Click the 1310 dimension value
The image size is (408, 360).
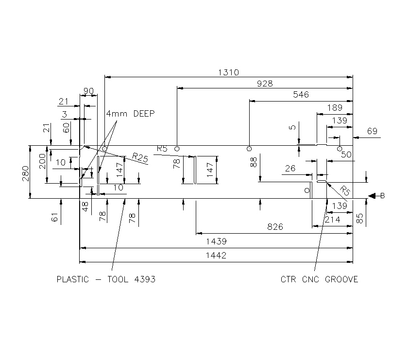tap(228, 72)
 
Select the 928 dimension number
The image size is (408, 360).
tap(265, 84)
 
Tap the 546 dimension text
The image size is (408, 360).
tap(301, 95)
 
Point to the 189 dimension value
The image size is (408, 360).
tap(335, 108)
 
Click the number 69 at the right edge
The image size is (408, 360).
tap(372, 131)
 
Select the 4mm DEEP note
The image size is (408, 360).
tap(130, 114)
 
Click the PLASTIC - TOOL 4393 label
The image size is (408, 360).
tap(106, 279)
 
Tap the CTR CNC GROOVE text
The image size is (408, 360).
tap(319, 279)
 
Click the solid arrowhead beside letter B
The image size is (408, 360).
tap(373, 196)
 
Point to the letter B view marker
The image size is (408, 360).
tap(383, 196)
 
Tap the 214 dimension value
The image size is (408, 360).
tap(332, 220)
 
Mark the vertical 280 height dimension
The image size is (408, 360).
tap(26, 172)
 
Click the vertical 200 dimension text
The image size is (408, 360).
tap(42, 160)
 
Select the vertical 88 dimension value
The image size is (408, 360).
tap(254, 162)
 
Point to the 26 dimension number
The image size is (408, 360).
tap(290, 169)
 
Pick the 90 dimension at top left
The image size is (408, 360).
tap(88, 91)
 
